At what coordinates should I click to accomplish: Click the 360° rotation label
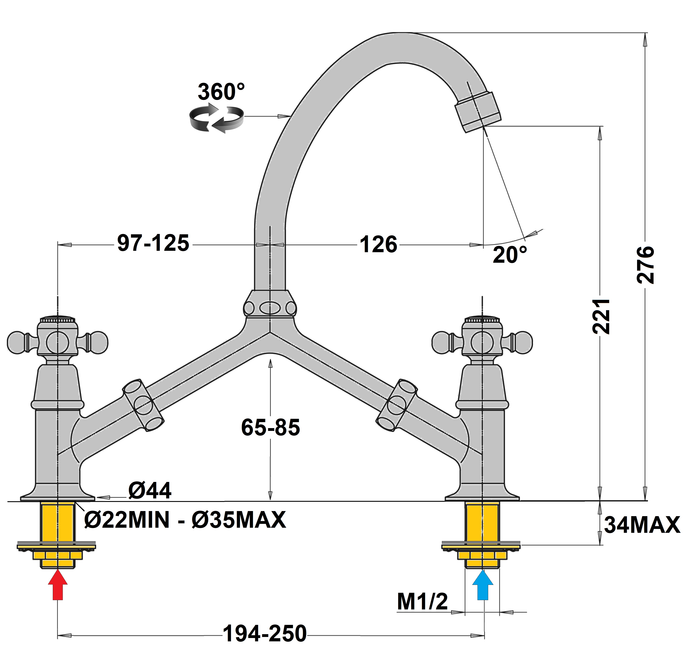[x=221, y=92]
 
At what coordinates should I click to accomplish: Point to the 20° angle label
[x=510, y=255]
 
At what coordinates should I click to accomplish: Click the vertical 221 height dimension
[x=601, y=316]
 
